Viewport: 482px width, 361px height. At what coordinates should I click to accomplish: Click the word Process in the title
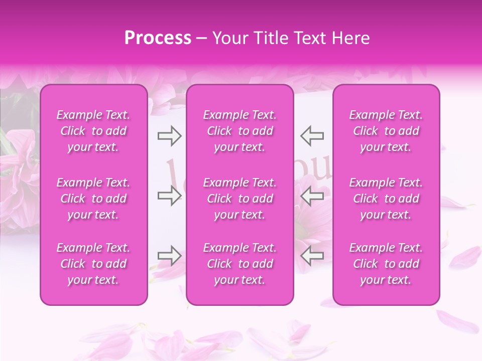[158, 38]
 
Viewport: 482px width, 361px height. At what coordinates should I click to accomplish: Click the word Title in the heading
[269, 38]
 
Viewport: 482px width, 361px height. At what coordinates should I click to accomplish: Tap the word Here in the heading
[351, 38]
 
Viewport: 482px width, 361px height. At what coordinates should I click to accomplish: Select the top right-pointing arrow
[169, 135]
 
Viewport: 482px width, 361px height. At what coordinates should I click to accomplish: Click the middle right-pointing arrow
[169, 196]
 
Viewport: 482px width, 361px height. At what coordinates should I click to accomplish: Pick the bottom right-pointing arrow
[169, 256]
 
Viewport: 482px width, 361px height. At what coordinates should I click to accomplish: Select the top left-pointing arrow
[312, 135]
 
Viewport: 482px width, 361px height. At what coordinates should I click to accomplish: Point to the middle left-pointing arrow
[312, 196]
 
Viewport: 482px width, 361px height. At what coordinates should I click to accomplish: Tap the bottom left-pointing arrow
[312, 256]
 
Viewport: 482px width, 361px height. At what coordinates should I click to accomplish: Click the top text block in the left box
[93, 131]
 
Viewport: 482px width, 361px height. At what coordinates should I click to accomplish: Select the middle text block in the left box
[93, 199]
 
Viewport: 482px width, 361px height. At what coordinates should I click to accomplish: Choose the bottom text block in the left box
[93, 264]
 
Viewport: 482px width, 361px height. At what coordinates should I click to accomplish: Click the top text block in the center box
[239, 131]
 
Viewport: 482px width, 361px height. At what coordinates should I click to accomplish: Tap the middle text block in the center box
[239, 199]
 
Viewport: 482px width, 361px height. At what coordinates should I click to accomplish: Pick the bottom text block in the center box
[239, 264]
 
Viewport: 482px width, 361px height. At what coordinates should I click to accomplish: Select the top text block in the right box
[386, 131]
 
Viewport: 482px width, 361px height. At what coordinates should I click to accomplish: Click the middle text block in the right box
[386, 199]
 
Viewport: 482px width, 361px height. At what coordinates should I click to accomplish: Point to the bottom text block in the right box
[386, 264]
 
